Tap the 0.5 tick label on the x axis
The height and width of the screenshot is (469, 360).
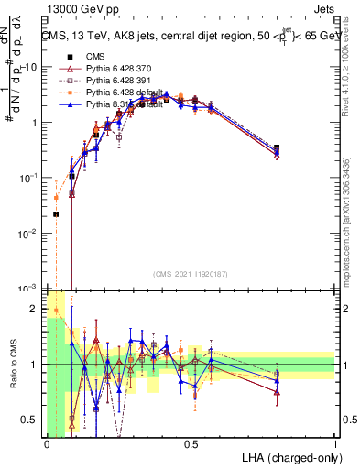pos(191,444)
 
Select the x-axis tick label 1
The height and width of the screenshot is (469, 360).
pos(335,444)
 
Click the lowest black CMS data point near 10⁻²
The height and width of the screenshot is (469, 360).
pos(56,214)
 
